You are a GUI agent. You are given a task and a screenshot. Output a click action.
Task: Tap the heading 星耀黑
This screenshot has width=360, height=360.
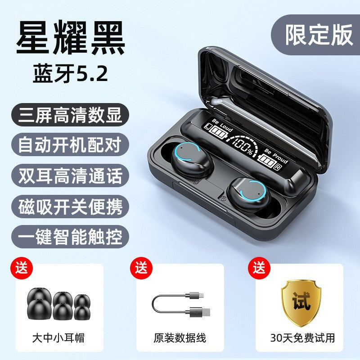(71, 37)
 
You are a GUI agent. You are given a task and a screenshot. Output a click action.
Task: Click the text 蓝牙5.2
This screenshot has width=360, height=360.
(70, 73)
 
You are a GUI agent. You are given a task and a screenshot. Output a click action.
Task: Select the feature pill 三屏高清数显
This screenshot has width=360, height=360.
(70, 115)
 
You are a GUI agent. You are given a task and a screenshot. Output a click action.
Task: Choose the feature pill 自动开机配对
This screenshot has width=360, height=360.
(70, 145)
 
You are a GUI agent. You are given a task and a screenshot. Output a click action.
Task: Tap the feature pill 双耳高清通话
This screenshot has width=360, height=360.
(70, 175)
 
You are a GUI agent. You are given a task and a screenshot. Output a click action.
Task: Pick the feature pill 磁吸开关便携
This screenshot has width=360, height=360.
(70, 207)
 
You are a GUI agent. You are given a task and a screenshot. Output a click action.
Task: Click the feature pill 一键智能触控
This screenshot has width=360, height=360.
(70, 237)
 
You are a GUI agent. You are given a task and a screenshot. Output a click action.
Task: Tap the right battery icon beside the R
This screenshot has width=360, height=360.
(266, 161)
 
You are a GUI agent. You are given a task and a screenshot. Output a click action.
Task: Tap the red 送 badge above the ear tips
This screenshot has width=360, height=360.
(22, 268)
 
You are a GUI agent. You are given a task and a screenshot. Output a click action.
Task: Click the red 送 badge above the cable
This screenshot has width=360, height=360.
(141, 268)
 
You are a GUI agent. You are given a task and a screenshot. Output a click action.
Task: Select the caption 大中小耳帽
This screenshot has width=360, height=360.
(58, 338)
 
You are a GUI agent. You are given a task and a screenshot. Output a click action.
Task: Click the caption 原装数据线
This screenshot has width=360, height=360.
(180, 338)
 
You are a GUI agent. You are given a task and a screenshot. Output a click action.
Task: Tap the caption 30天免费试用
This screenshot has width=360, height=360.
(302, 338)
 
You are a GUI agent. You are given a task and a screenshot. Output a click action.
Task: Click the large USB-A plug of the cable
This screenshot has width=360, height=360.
(200, 312)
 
